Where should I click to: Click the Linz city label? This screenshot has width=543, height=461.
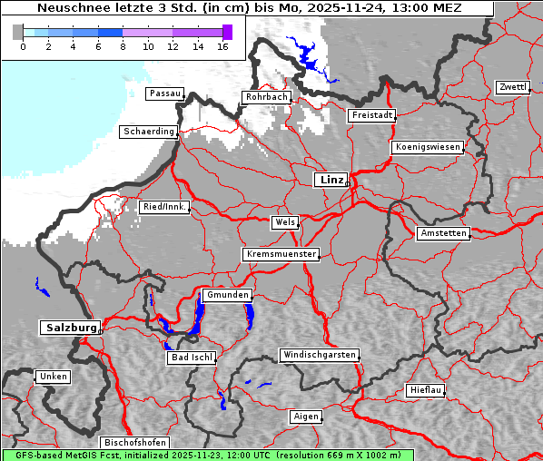pos(331,180)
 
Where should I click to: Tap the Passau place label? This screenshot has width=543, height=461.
pos(164,93)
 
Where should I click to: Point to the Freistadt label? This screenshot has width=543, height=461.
pos(371,115)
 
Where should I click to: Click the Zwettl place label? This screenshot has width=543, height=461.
pos(512,87)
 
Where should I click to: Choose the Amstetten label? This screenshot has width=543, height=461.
pos(442,233)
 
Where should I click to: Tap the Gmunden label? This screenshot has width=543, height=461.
pos(226,295)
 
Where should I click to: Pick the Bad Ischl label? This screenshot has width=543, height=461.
pos(192,358)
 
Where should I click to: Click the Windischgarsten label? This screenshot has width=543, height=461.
pos(319,355)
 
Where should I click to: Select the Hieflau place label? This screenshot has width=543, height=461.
pos(426,390)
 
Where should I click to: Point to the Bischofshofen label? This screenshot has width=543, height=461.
pos(133,442)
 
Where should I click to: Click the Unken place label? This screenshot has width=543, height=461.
pos(52,376)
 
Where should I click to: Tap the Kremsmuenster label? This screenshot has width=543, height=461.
pos(281,254)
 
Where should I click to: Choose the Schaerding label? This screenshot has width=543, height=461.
pos(149,132)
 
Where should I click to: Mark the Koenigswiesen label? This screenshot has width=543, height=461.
pos(428,147)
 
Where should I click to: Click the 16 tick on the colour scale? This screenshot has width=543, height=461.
pos(222,46)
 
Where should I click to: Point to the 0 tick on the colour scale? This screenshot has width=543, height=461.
pos(23,46)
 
